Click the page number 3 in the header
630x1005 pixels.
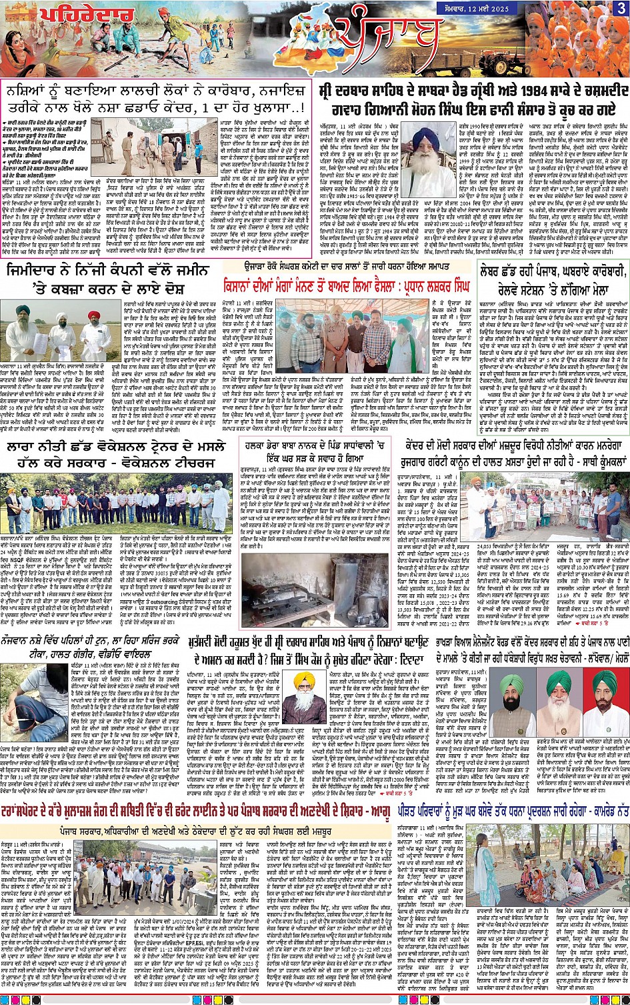click(x=621, y=8)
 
